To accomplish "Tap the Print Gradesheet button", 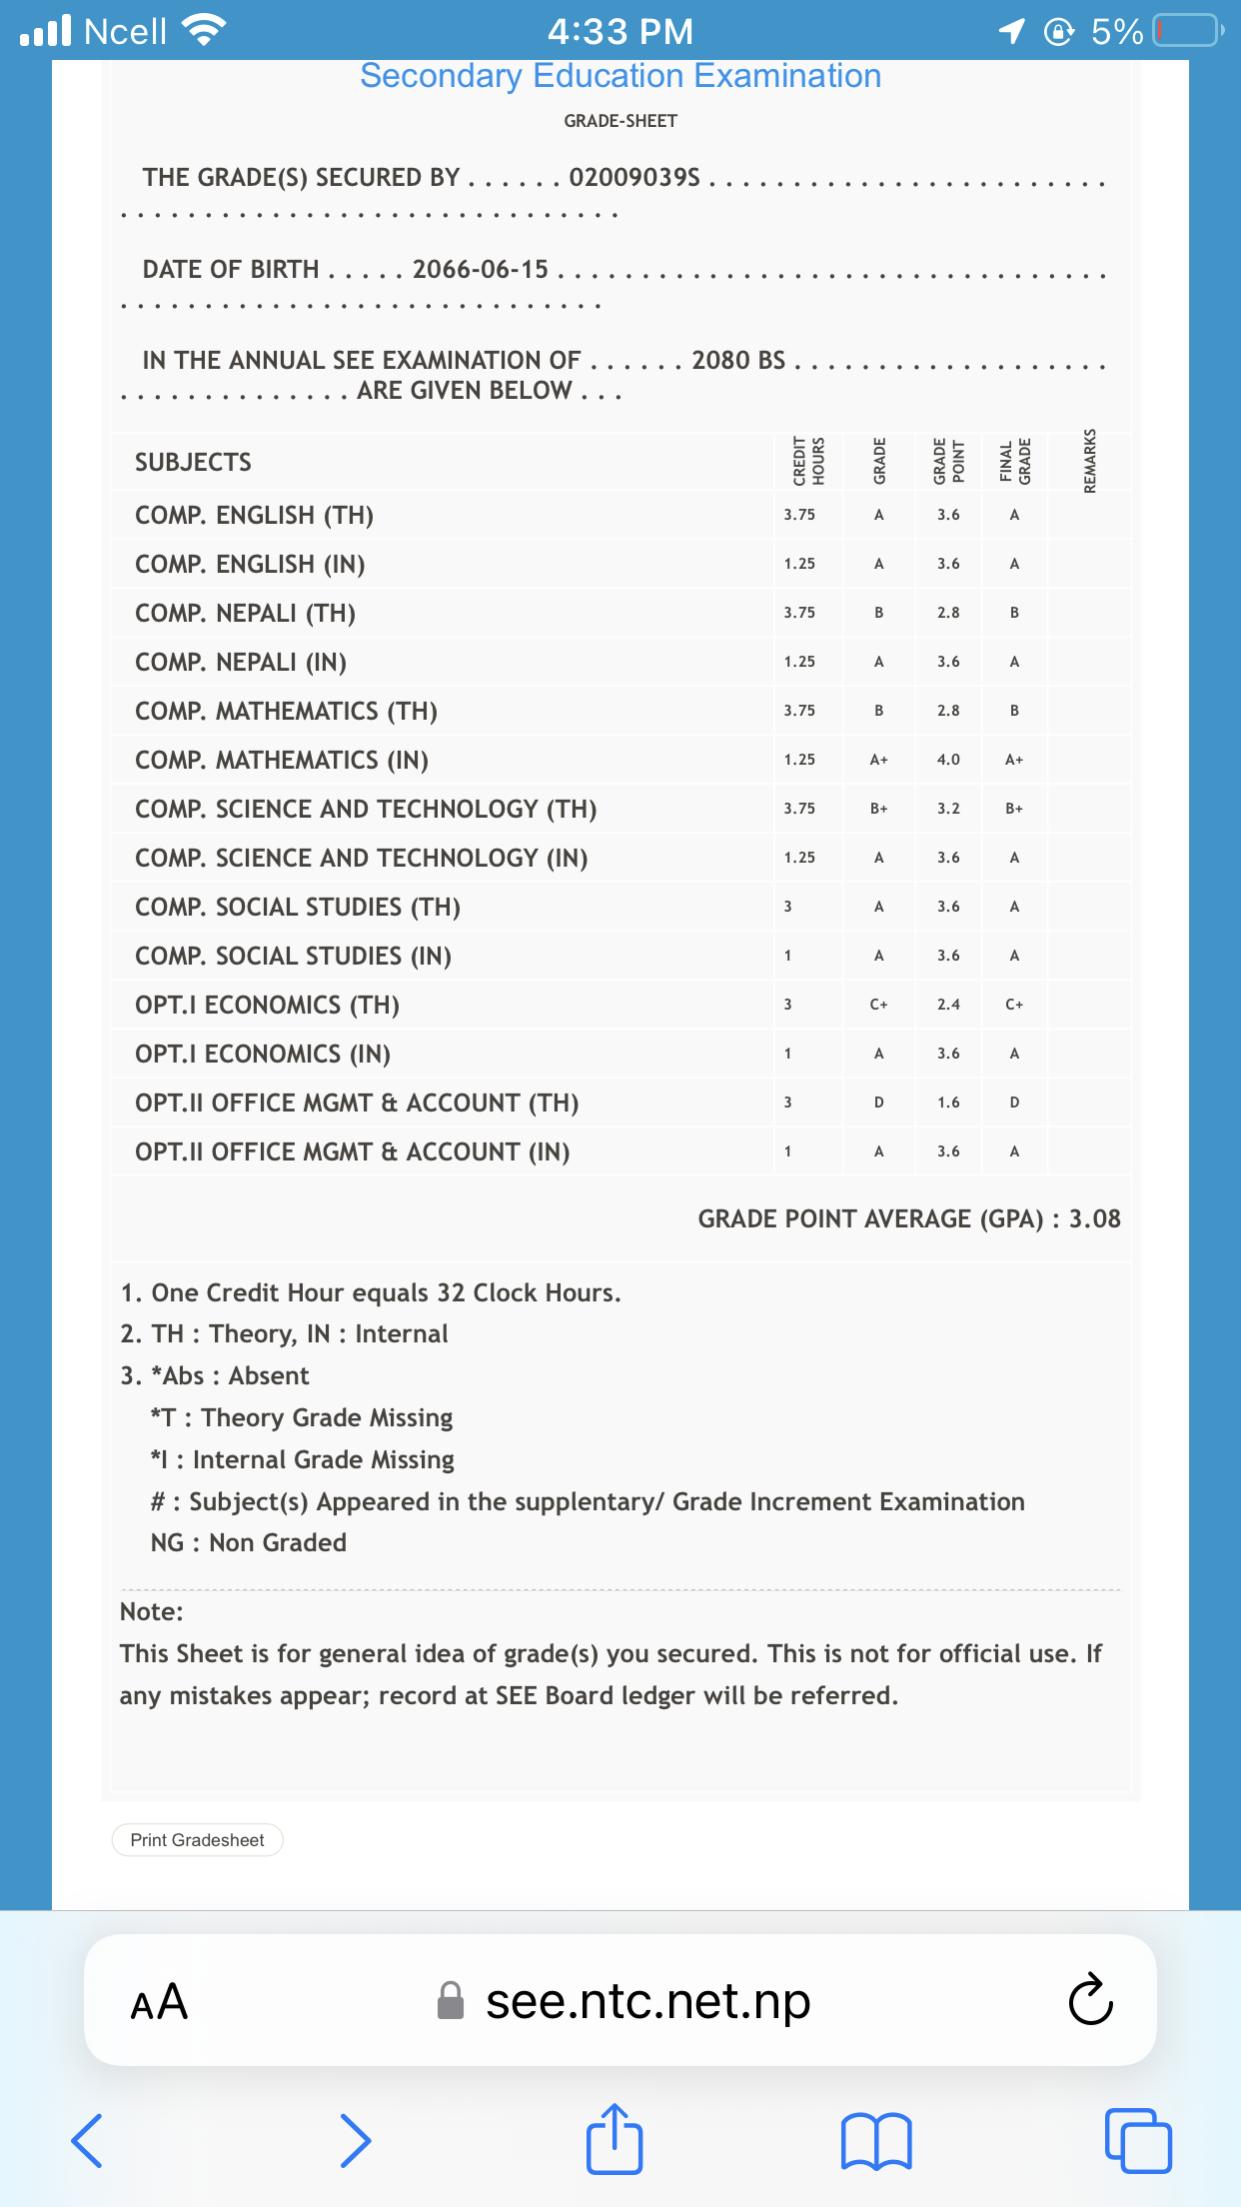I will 197,1840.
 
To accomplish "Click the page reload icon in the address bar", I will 1089,2000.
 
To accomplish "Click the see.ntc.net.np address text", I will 647,2001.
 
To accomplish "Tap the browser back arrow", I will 87,2140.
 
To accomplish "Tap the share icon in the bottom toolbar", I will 614,2139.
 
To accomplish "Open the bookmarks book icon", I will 876,2140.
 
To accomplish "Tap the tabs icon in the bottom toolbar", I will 1138,2140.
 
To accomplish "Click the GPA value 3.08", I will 1095,1218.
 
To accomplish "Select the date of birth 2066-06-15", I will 481,269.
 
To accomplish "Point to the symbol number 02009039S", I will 634,177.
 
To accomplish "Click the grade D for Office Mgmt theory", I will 878,1103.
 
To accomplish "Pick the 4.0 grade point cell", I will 948,760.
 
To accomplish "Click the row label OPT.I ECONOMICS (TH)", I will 267,1005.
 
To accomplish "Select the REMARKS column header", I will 1090,461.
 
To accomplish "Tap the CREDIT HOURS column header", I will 808,461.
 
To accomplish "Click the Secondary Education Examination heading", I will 620,76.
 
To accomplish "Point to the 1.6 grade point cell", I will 948,1103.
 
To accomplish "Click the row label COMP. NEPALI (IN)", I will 241,662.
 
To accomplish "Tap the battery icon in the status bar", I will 1187,31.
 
